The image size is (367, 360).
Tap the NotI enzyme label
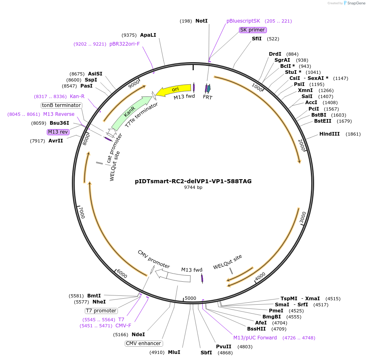(x=201, y=21)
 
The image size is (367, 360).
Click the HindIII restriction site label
(x=329, y=134)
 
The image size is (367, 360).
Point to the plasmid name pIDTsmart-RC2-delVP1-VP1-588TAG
(x=193, y=181)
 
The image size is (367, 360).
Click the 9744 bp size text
(x=193, y=188)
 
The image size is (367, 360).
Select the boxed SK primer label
(x=252, y=30)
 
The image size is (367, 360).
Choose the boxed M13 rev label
(x=58, y=132)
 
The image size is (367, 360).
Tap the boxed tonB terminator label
(x=61, y=105)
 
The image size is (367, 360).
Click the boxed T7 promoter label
(x=101, y=311)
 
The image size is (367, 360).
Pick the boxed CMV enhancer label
(x=144, y=343)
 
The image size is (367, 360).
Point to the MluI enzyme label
(x=174, y=352)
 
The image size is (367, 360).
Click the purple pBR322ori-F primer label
(x=124, y=44)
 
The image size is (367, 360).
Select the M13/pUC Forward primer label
(x=255, y=337)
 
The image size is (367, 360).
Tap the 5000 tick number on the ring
(x=190, y=298)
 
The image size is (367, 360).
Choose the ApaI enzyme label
(x=148, y=35)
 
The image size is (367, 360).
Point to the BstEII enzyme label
(x=325, y=121)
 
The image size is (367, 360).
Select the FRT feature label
(x=208, y=97)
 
